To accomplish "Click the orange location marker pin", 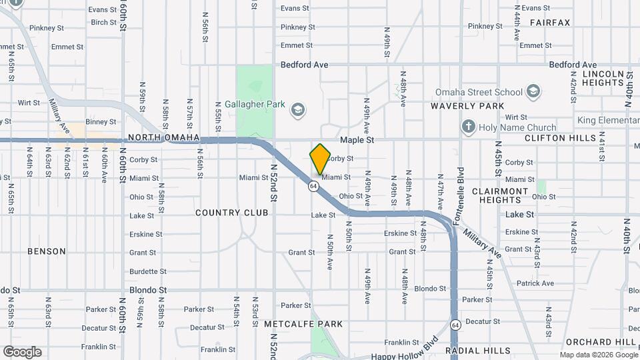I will (321, 159).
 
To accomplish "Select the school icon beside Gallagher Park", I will (297, 108).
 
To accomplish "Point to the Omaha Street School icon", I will (533, 91).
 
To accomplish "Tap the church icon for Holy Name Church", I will (469, 127).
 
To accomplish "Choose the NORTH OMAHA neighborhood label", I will (163, 138).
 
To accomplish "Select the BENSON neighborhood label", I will (47, 251).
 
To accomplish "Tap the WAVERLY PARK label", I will (467, 106).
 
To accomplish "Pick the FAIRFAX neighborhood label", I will (550, 23).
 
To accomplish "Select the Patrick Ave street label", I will (535, 283).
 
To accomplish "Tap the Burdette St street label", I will (148, 271).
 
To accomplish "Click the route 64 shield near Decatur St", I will (455, 325).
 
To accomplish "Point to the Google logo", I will (22, 352).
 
